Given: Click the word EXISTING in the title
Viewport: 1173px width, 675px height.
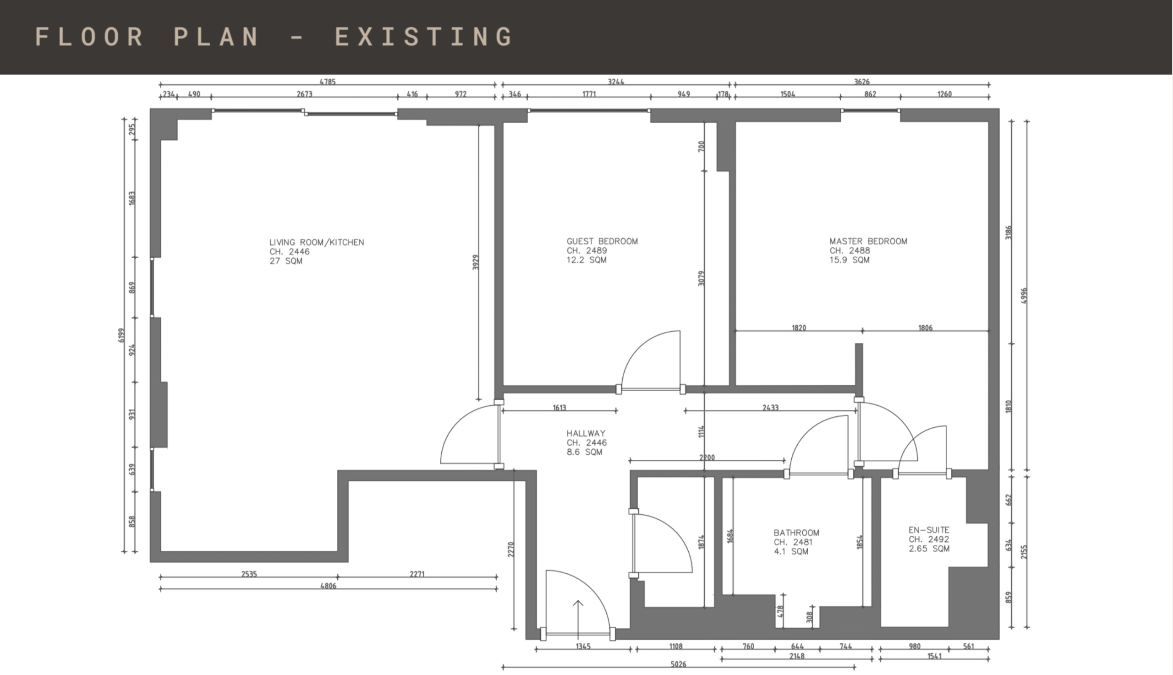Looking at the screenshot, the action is pyautogui.click(x=423, y=37).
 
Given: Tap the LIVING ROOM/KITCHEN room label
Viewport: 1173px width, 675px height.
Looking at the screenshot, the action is pyautogui.click(x=317, y=242).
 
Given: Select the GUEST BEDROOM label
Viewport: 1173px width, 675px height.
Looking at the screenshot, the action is pyautogui.click(x=602, y=241).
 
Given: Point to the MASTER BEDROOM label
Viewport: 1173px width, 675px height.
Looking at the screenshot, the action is pyautogui.click(x=868, y=241).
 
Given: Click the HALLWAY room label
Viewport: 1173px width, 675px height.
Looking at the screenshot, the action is pyautogui.click(x=586, y=433).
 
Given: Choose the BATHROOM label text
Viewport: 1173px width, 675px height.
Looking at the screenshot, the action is pyautogui.click(x=796, y=533).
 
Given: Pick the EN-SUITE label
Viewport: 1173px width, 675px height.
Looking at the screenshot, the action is pyautogui.click(x=929, y=530).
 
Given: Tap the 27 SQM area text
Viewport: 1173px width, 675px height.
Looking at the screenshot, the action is pyautogui.click(x=286, y=261).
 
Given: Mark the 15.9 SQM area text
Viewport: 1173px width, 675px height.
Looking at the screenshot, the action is pyautogui.click(x=850, y=260).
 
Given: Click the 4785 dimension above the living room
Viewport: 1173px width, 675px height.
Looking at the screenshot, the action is pyautogui.click(x=328, y=82).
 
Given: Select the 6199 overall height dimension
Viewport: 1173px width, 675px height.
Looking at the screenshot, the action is pyautogui.click(x=121, y=335).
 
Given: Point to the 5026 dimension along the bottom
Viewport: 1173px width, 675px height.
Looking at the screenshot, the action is pyautogui.click(x=678, y=664).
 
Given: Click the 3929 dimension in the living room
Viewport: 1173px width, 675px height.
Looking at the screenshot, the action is pyautogui.click(x=476, y=262).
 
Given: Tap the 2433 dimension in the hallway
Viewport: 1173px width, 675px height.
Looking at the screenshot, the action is pyautogui.click(x=770, y=408).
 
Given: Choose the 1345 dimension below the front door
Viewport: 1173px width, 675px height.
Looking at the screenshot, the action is pyautogui.click(x=583, y=646).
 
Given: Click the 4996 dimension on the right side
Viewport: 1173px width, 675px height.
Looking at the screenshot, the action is pyautogui.click(x=1024, y=296).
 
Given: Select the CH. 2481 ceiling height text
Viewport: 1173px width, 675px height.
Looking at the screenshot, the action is pyautogui.click(x=793, y=542).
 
